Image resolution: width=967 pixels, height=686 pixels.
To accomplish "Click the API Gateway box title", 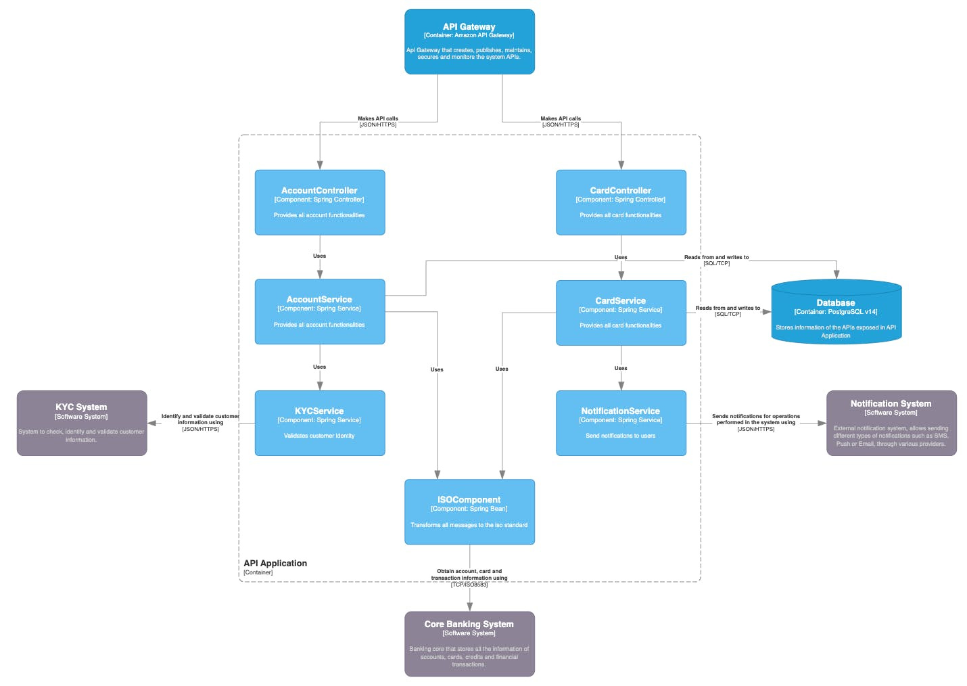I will coord(469,27).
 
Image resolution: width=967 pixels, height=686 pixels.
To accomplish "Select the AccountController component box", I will coord(319,202).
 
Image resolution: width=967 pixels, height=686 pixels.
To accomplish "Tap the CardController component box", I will coord(621,202).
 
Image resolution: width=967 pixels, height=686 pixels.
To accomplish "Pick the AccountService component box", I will coord(319,312).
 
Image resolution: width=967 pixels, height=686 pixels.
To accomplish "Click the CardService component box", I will coord(621,313).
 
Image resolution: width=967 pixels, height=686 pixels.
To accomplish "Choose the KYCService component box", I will coord(319,423).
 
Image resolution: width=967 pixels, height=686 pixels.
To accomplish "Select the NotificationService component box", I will coord(621,423).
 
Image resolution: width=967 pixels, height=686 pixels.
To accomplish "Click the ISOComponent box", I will coord(469,512).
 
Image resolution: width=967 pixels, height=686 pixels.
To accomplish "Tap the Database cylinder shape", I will coord(836,313).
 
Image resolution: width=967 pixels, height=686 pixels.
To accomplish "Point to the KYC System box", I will coord(81,423).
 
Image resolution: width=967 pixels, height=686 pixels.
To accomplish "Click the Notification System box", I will coord(891,423).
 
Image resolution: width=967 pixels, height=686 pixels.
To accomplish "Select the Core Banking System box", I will coord(469,643).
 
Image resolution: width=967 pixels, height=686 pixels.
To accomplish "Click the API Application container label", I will coord(275,564).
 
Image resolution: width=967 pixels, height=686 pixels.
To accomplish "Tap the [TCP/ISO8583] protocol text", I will coord(469,585).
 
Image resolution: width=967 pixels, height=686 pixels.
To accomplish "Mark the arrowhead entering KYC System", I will coord(152,424).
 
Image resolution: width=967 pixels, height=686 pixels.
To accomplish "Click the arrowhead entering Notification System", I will coord(822,424).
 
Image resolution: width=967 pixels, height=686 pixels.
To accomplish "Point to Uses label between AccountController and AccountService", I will coord(319,256).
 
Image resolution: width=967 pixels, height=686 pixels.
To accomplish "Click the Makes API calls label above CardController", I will coord(561,118).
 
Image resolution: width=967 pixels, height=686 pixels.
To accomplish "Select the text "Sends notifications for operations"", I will coord(756,416).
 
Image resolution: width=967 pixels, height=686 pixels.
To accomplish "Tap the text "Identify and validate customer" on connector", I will coord(200,416).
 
